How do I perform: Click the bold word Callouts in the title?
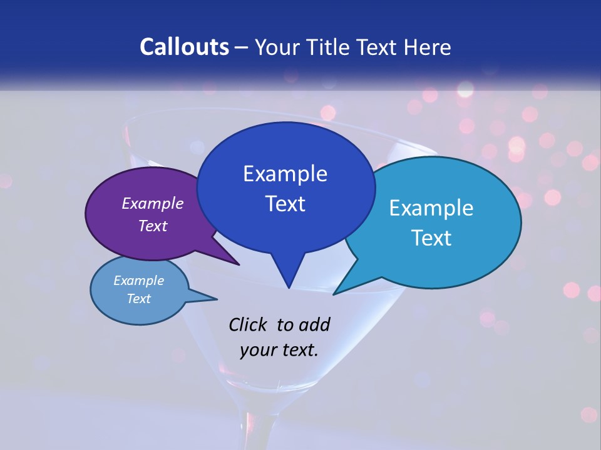coord(185,47)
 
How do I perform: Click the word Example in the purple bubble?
coord(153,203)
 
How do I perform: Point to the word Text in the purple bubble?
coord(153,226)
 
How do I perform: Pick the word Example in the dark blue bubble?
coord(285,173)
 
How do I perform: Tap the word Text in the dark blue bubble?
coord(285,203)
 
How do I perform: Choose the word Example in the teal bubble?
coord(431,207)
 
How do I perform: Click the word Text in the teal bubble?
coord(431,237)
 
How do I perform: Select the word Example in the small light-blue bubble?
coord(138,281)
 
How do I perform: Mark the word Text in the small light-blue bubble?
coord(138,299)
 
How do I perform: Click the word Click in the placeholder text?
coord(248,324)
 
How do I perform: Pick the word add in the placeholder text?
coord(314,324)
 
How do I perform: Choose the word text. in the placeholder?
coord(297,349)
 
